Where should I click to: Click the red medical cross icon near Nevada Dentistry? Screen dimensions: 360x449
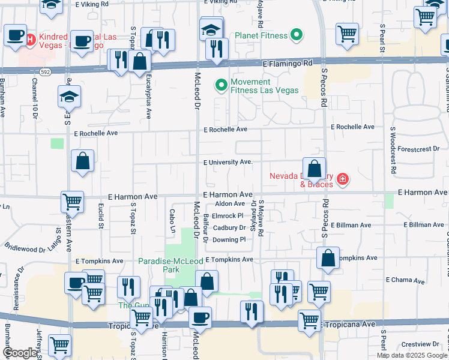click(342, 179)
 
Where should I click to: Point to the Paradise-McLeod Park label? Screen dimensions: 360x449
click(159, 266)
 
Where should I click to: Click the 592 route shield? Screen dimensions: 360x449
click(45, 71)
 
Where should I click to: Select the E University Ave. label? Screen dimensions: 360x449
click(228, 162)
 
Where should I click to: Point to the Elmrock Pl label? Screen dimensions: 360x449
click(228, 215)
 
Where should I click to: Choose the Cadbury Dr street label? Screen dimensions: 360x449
click(229, 228)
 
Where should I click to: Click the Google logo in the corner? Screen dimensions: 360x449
click(20, 353)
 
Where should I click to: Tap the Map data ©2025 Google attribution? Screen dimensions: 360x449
click(412, 355)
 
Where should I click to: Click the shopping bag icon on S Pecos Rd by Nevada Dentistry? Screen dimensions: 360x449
click(314, 169)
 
